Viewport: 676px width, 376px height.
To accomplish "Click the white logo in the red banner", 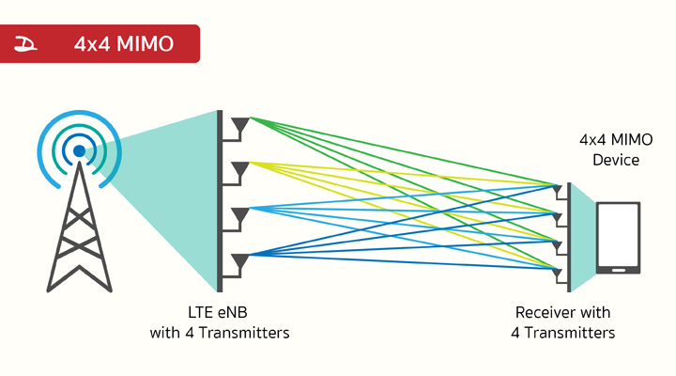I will pyautogui.click(x=28, y=44).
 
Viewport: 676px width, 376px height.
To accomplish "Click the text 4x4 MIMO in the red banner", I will pyautogui.click(x=124, y=44).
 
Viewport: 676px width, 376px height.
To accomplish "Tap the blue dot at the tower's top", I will pyautogui.click(x=80, y=150).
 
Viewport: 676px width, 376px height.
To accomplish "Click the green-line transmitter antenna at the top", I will pyautogui.click(x=241, y=123).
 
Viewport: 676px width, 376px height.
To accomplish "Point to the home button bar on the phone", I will pyautogui.click(x=619, y=270).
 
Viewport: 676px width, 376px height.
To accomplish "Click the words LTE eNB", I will pyautogui.click(x=219, y=313).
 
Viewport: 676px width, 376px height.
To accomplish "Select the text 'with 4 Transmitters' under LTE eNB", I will pyautogui.click(x=219, y=333).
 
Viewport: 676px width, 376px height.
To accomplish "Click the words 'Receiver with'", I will pyautogui.click(x=562, y=313).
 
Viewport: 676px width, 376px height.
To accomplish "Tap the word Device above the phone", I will pyautogui.click(x=616, y=161).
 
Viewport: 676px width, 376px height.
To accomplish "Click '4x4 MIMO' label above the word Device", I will pyautogui.click(x=616, y=140).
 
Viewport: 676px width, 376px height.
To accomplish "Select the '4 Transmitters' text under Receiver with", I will pyautogui.click(x=562, y=333).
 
